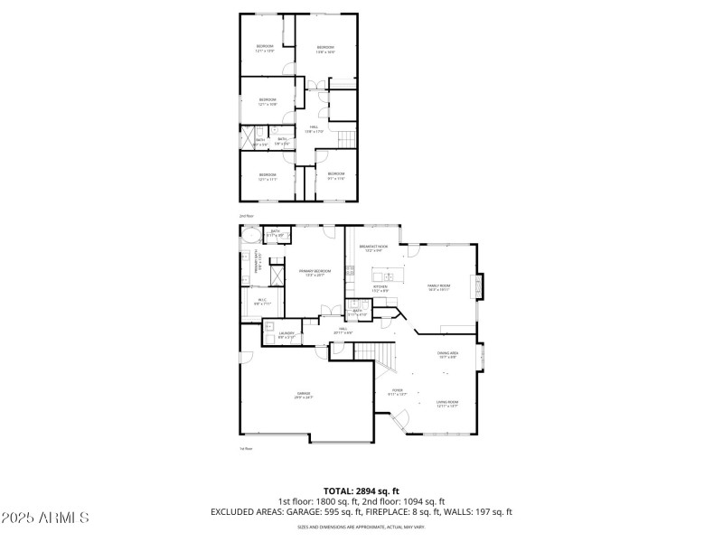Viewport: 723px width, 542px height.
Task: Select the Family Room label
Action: click(439, 286)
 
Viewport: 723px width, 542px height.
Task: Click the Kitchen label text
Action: click(380, 287)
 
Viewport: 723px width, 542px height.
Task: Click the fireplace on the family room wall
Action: click(481, 285)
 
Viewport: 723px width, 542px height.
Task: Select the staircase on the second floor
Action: click(346, 138)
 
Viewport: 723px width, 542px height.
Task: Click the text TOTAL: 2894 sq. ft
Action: click(361, 491)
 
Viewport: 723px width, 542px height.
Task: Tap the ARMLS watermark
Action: click(45, 519)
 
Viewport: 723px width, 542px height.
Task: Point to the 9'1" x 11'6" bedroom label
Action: click(335, 176)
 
